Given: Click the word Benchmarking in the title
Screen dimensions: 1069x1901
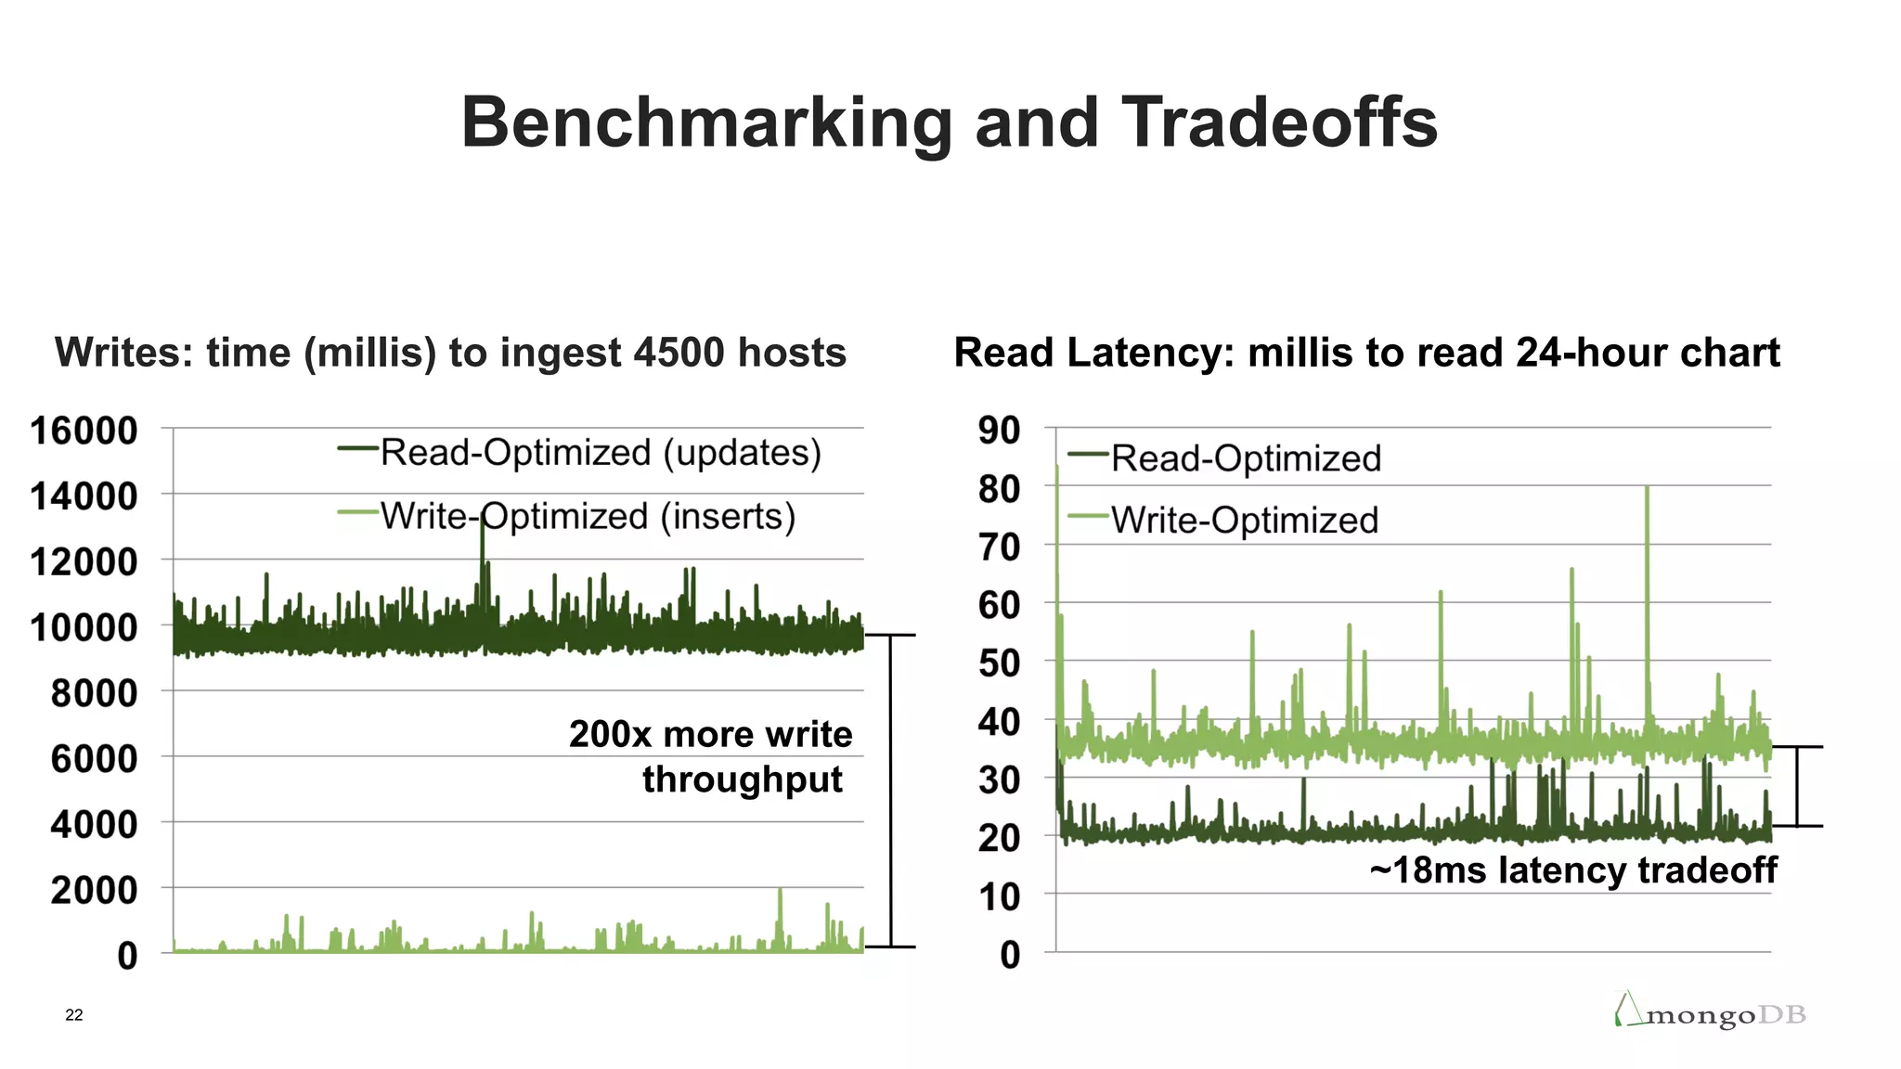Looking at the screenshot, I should [x=705, y=122].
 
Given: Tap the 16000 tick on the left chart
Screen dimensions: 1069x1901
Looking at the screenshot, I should [x=84, y=431].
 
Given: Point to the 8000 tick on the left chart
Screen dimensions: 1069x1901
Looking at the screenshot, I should [x=94, y=693].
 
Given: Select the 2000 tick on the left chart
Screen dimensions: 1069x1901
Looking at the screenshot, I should [x=94, y=890].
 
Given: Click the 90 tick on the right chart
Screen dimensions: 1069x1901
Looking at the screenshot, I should [x=999, y=431].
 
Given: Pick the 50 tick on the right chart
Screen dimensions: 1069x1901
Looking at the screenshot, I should [x=999, y=663].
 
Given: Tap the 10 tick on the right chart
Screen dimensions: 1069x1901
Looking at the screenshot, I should [x=999, y=897].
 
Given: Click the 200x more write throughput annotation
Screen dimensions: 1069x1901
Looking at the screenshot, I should [x=711, y=756].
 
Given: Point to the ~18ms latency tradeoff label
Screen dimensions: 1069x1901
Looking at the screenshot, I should [x=1572, y=870].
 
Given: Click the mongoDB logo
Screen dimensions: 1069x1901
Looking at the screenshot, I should [x=1710, y=1011].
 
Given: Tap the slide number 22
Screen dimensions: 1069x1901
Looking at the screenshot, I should [x=74, y=1015].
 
